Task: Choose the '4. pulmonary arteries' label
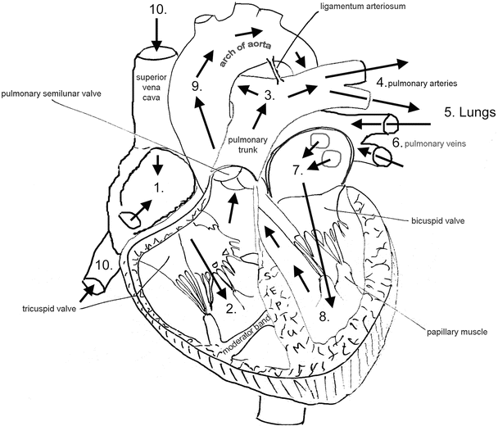[x=416, y=83]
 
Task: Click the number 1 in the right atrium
[x=160, y=187]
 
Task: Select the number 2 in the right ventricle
[x=231, y=309]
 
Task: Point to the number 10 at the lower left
[x=104, y=265]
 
